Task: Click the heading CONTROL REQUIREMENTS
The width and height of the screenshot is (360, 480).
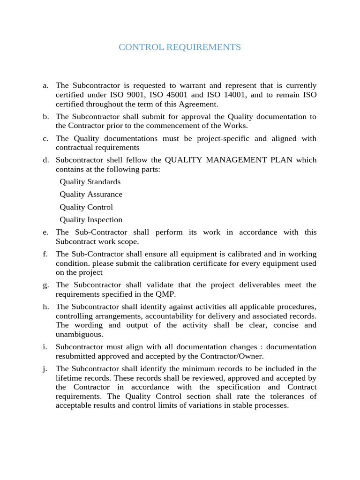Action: point(180,47)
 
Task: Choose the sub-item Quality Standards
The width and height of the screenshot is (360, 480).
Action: point(90,182)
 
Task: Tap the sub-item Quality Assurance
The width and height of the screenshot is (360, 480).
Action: point(91,195)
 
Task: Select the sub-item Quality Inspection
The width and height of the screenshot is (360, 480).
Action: point(91,220)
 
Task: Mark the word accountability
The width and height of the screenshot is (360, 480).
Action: point(161,316)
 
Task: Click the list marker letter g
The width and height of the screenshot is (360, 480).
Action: point(45,285)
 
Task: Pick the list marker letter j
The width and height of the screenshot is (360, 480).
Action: point(45,368)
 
